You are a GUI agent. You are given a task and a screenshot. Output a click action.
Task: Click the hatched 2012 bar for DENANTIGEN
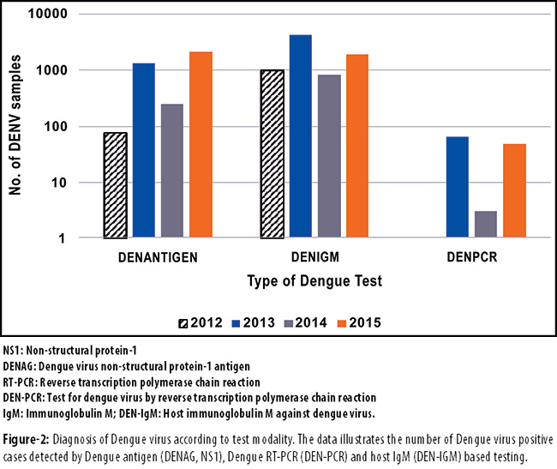pos(116,185)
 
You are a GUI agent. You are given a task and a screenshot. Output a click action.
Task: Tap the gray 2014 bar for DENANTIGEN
pos(172,171)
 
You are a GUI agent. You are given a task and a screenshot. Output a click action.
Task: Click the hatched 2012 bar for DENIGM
pos(272,154)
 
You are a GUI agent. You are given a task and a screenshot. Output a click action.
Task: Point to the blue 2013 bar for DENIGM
pos(300,136)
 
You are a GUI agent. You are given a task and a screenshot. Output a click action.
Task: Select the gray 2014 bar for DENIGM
pos(328,156)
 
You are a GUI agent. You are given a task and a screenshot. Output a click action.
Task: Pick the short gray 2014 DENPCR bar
pos(485,224)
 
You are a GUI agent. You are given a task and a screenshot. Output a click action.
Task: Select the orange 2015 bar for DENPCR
pos(514,190)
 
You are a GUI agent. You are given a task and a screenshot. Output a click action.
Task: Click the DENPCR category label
pos(470,256)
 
